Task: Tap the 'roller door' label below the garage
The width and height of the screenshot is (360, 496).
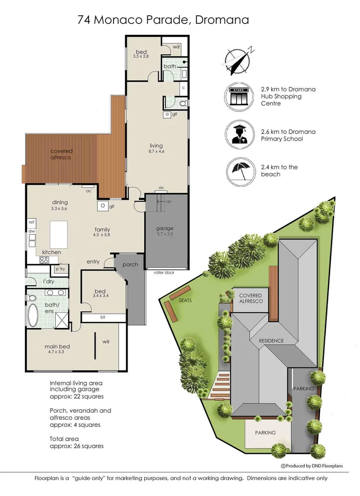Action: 163,272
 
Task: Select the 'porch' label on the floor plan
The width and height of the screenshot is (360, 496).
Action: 130,264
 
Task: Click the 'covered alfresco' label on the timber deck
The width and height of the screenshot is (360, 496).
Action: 62,154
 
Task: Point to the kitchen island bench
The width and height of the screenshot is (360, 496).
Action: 59,234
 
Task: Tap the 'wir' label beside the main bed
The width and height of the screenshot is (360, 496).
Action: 107,342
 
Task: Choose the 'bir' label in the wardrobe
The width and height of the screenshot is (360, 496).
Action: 103,317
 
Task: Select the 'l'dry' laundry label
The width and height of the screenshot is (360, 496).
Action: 49,281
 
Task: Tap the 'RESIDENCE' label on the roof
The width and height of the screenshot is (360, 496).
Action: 271,341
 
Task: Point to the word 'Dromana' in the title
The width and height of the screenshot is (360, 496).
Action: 222,20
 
